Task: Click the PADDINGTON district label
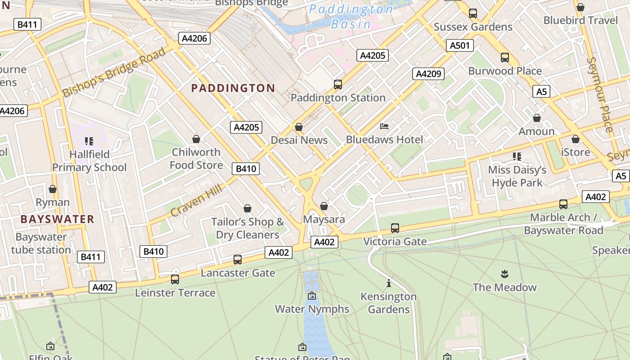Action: pyautogui.click(x=233, y=88)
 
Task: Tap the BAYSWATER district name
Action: pyautogui.click(x=57, y=220)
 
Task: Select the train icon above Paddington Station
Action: pyautogui.click(x=337, y=84)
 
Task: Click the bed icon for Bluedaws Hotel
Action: pyautogui.click(x=384, y=126)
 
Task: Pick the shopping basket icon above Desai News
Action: pyautogui.click(x=299, y=127)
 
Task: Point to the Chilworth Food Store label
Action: pyautogui.click(x=196, y=158)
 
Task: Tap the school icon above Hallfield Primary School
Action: pyautogui.click(x=89, y=141)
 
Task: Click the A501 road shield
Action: pyautogui.click(x=459, y=45)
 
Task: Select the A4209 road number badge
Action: pyautogui.click(x=429, y=74)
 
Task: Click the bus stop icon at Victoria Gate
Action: pyautogui.click(x=395, y=228)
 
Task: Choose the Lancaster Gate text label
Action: pyautogui.click(x=238, y=273)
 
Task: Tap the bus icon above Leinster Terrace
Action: pyautogui.click(x=175, y=279)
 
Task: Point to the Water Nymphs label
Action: pyautogui.click(x=312, y=309)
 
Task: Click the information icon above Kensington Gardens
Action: pyautogui.click(x=389, y=283)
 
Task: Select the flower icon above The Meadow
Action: pyautogui.click(x=504, y=274)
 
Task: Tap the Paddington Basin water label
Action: pyautogui.click(x=351, y=17)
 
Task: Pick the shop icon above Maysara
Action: pyautogui.click(x=324, y=207)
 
